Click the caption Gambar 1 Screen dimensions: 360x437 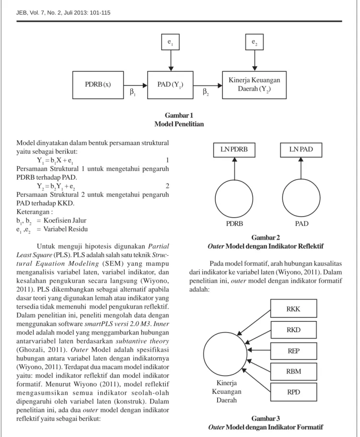coord(179,115)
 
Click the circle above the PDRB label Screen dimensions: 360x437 coord(234,180)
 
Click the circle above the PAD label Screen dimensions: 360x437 coord(301,180)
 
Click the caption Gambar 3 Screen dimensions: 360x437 coord(266,419)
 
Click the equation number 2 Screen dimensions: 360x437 coord(167,186)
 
